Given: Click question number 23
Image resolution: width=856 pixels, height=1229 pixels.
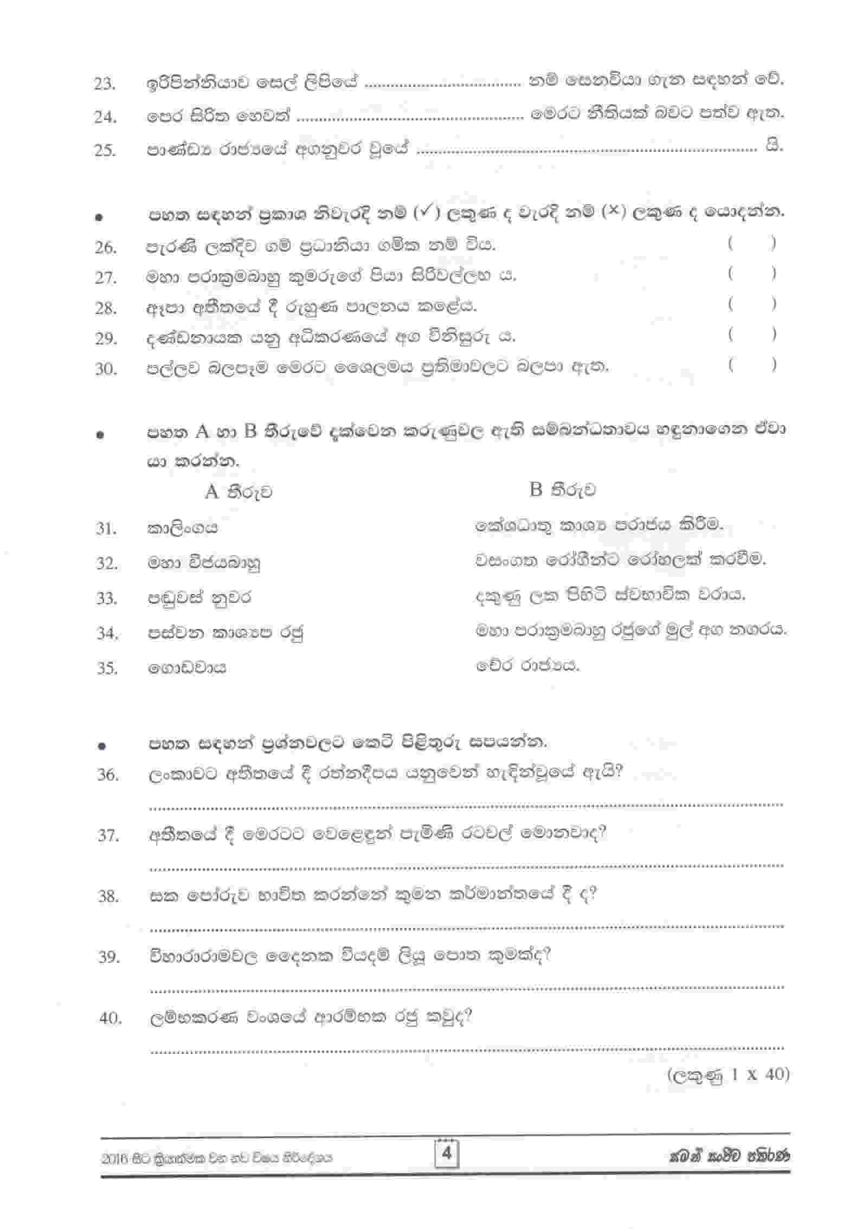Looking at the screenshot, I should tap(105, 84).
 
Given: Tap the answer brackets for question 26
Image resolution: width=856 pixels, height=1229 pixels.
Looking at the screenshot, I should tap(752, 244).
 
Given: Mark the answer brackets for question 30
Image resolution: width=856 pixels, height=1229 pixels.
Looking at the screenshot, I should tap(752, 365).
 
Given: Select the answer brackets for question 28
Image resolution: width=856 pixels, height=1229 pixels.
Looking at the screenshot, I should tap(752, 305).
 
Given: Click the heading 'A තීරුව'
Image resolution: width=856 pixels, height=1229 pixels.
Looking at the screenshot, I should tap(239, 492).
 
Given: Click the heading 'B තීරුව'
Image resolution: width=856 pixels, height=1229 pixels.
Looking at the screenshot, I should tap(562, 490).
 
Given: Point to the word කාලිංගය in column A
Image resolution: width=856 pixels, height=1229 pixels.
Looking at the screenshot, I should tap(183, 527).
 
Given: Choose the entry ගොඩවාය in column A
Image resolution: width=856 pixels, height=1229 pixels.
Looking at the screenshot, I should tap(187, 667).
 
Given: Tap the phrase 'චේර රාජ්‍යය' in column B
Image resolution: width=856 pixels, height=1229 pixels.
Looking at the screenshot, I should tap(527, 665).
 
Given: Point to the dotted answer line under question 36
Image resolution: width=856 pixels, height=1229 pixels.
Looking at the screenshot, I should tap(466, 805).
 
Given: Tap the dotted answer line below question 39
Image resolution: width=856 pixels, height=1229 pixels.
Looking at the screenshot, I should tap(466, 988).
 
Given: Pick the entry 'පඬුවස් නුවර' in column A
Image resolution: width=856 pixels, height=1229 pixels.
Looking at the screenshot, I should tap(199, 598).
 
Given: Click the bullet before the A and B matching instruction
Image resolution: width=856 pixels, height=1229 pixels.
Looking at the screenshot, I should tap(100, 434).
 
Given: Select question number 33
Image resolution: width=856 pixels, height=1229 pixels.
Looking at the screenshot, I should tap(107, 599).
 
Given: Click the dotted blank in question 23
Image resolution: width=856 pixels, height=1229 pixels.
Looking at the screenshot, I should tap(442, 85).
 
